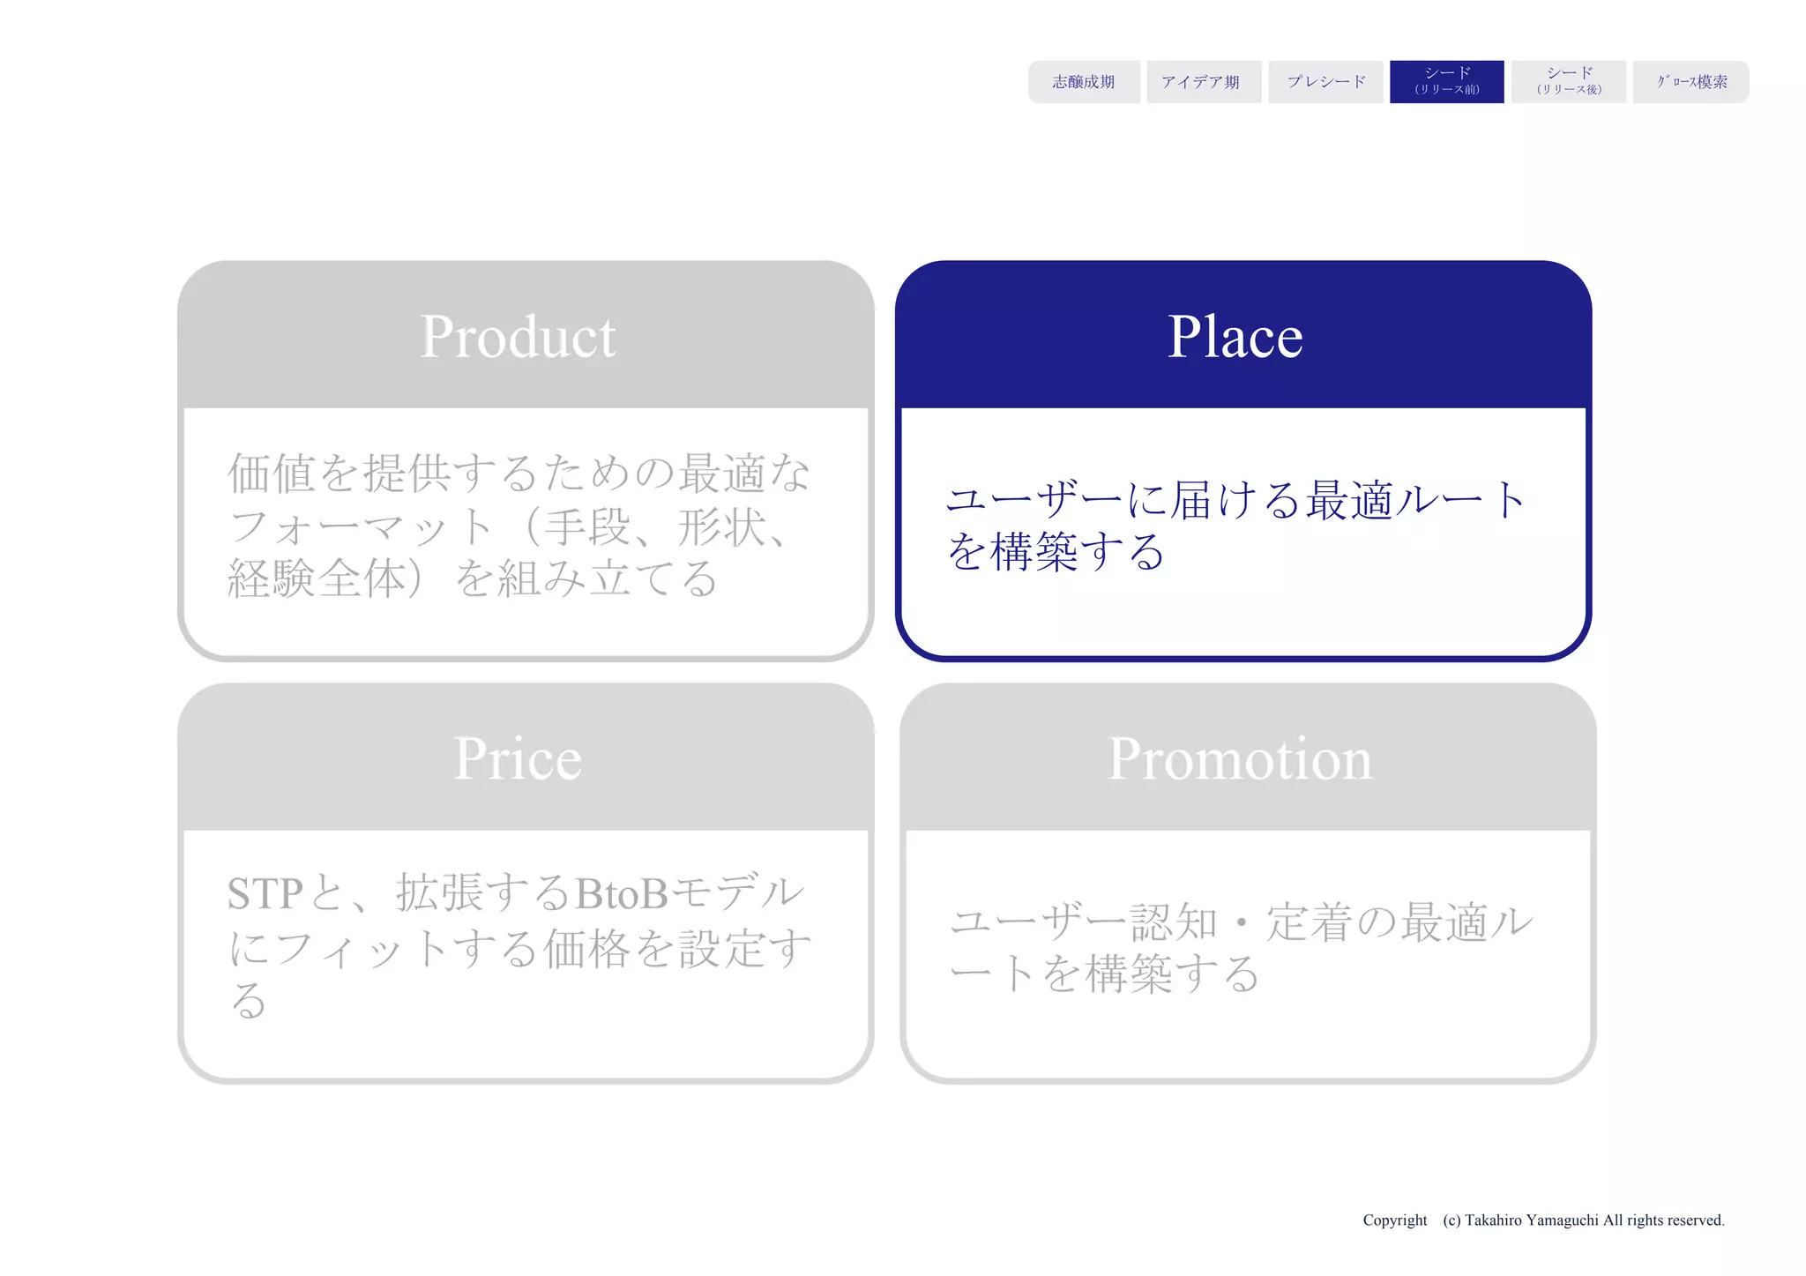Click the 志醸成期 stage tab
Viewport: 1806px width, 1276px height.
(1083, 82)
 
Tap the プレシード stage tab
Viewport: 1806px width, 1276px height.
(1325, 82)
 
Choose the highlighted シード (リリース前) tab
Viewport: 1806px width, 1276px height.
(1446, 82)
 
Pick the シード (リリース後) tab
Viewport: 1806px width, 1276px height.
(1568, 82)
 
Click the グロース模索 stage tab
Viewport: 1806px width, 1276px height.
(1690, 82)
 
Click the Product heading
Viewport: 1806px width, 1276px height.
(518, 337)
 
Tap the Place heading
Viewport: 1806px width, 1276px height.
(1235, 337)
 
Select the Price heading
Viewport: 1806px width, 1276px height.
(518, 758)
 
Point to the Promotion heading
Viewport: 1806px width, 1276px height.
(1239, 758)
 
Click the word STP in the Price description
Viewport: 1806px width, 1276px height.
(265, 894)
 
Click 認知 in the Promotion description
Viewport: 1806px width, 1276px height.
(1174, 923)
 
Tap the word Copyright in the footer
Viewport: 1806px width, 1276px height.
(1394, 1220)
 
